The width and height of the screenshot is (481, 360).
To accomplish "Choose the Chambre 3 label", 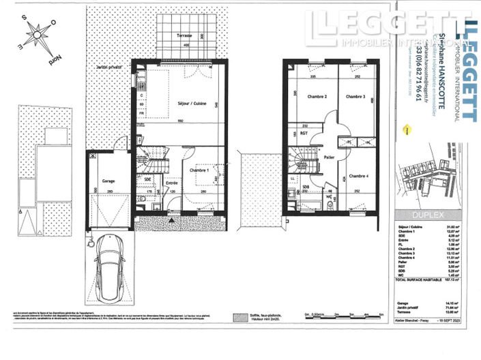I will click(x=355, y=97).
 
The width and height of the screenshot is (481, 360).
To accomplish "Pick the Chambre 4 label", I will click(x=359, y=176).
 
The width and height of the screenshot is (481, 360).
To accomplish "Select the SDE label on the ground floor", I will click(x=147, y=178).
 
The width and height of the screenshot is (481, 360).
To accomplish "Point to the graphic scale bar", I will click(x=345, y=317).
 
